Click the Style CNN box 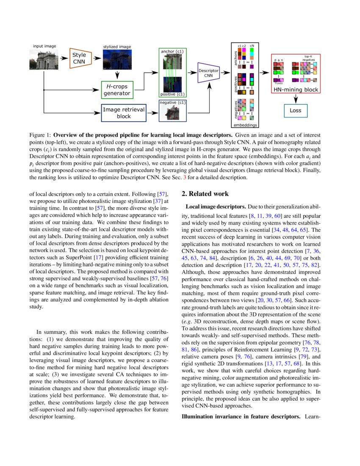79,58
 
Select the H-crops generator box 117,90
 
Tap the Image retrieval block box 124,113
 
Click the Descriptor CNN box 208,73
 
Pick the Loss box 295,111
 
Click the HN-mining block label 296,89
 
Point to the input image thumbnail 41,59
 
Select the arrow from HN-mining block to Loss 296,98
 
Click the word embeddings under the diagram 245,125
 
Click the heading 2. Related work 205,194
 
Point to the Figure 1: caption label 41,134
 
